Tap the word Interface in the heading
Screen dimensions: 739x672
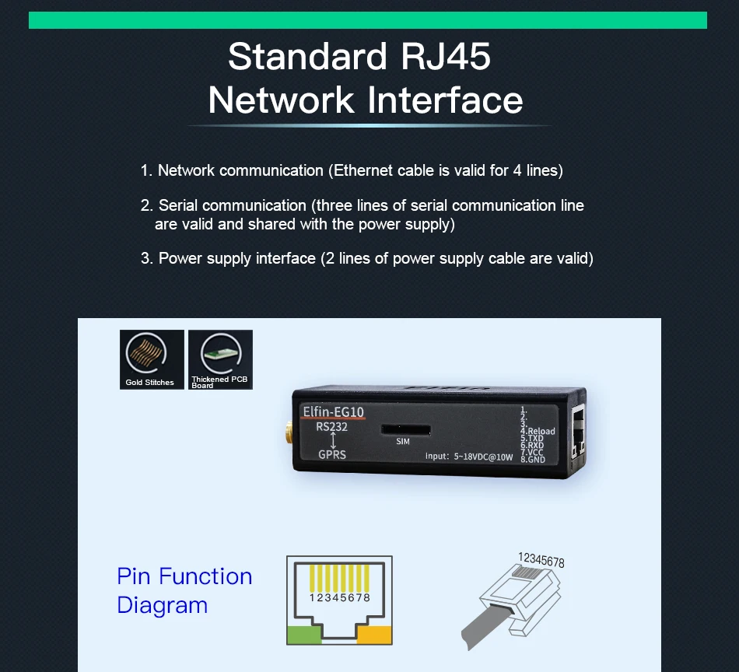[x=445, y=100]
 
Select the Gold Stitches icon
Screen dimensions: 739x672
[x=152, y=359]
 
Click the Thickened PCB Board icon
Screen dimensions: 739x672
[x=220, y=359]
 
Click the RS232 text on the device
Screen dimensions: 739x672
[x=332, y=426]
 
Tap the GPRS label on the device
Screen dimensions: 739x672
[x=332, y=454]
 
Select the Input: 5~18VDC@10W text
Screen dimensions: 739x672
[x=469, y=457]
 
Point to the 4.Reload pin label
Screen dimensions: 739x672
[x=538, y=431]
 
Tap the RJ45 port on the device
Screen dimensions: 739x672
[x=578, y=432]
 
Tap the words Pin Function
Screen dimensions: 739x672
[x=184, y=576]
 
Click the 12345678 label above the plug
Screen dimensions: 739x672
[x=541, y=561]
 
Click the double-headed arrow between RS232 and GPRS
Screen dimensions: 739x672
[x=332, y=440]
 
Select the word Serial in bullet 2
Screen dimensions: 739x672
[x=178, y=205]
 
